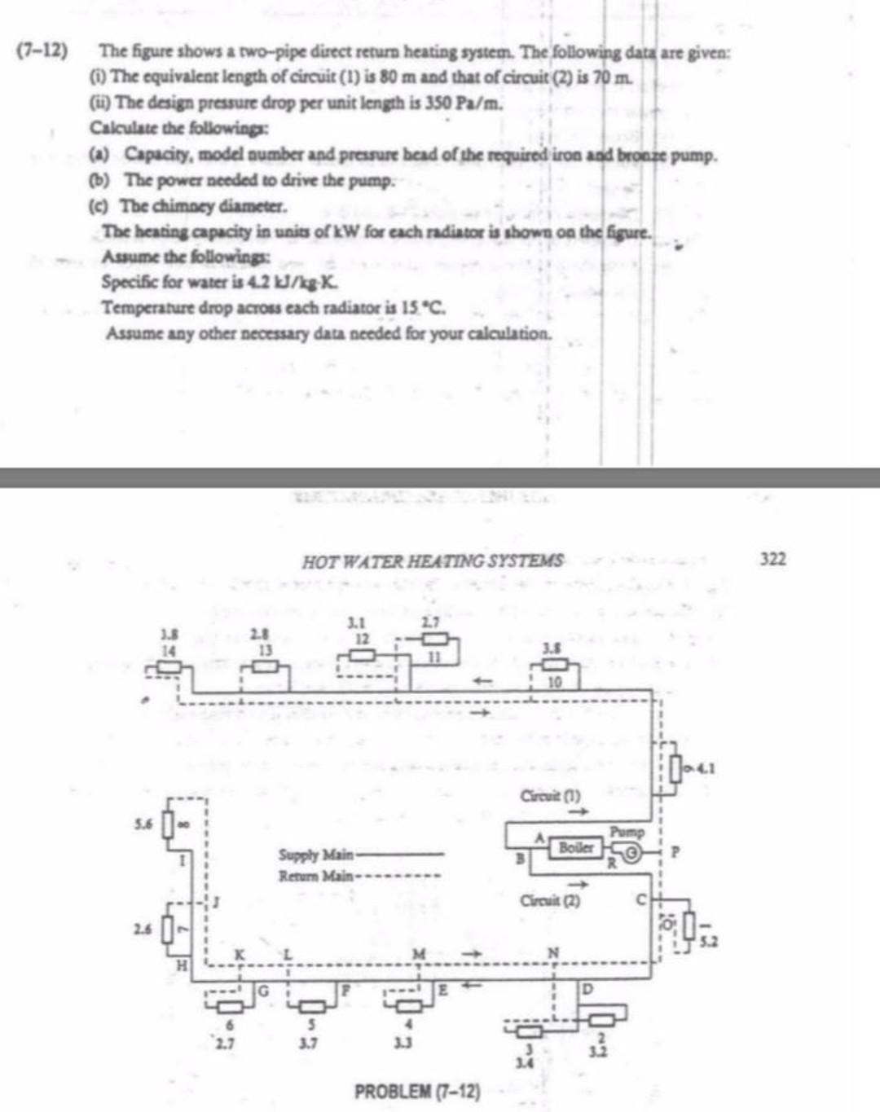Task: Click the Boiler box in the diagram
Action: click(x=574, y=847)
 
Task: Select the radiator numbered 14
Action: click(x=169, y=667)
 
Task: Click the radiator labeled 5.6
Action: click(x=169, y=826)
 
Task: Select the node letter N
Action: click(x=553, y=952)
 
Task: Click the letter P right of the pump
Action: click(x=674, y=852)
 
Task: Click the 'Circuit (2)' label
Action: click(x=550, y=900)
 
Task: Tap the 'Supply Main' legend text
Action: click(x=316, y=855)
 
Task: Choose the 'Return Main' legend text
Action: click(x=316, y=877)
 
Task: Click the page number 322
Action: click(x=772, y=559)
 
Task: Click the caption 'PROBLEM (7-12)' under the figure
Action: click(x=417, y=1091)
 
